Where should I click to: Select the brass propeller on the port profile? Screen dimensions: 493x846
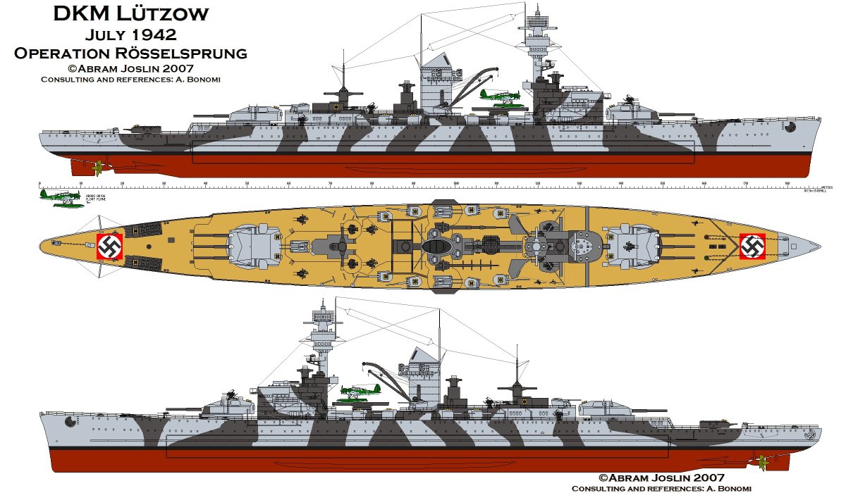point(761,461)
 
